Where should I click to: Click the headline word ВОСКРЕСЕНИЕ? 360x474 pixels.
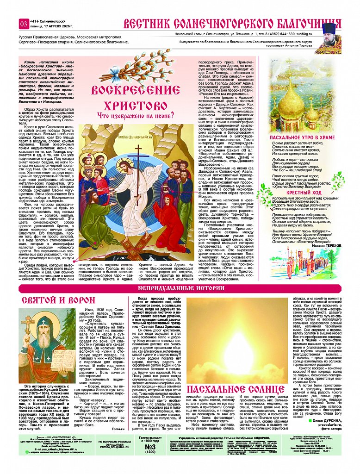[128, 90]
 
